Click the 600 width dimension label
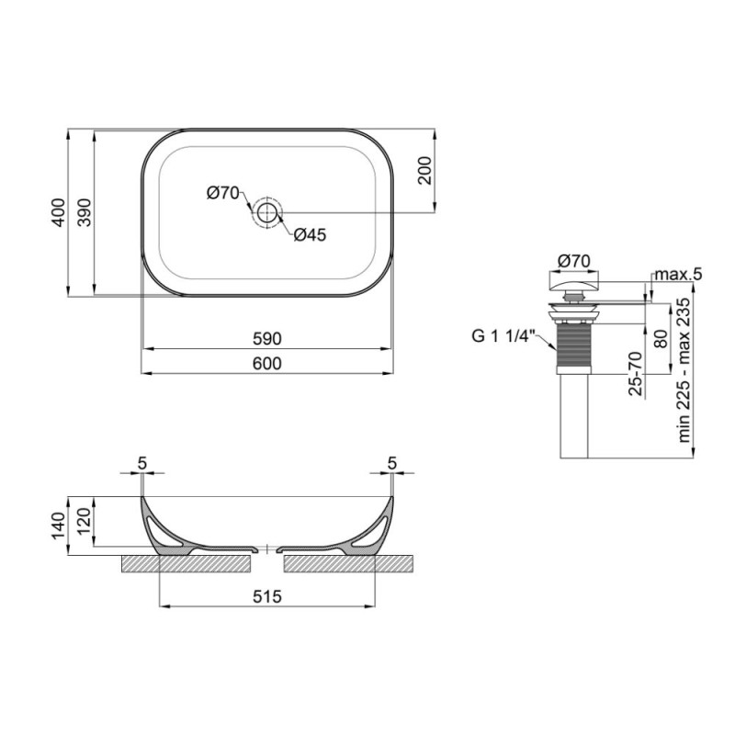click(x=266, y=364)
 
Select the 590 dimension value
click(x=266, y=338)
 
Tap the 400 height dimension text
click(x=58, y=213)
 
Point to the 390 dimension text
click(x=84, y=213)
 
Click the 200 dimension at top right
click(x=424, y=171)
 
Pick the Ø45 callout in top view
click(x=310, y=235)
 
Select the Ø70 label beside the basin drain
click(x=223, y=192)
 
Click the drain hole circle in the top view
click(x=266, y=212)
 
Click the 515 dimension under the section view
click(x=266, y=596)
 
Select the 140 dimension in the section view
click(x=59, y=526)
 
